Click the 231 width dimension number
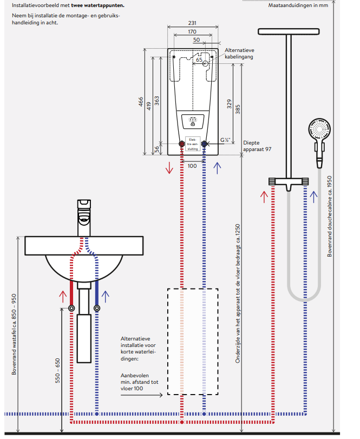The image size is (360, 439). pyautogui.click(x=192, y=23)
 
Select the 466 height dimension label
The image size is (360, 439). pyautogui.click(x=141, y=101)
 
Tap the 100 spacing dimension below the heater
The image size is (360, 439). pyautogui.click(x=192, y=166)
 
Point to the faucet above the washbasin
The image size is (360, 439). pyautogui.click(x=84, y=214)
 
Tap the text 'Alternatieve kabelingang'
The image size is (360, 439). pyautogui.click(x=239, y=53)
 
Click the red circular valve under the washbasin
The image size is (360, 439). pyautogui.click(x=72, y=309)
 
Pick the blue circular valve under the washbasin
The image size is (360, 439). pyautogui.click(x=97, y=309)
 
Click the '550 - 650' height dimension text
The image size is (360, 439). pyautogui.click(x=58, y=371)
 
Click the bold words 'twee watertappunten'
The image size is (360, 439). pyautogui.click(x=97, y=5)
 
